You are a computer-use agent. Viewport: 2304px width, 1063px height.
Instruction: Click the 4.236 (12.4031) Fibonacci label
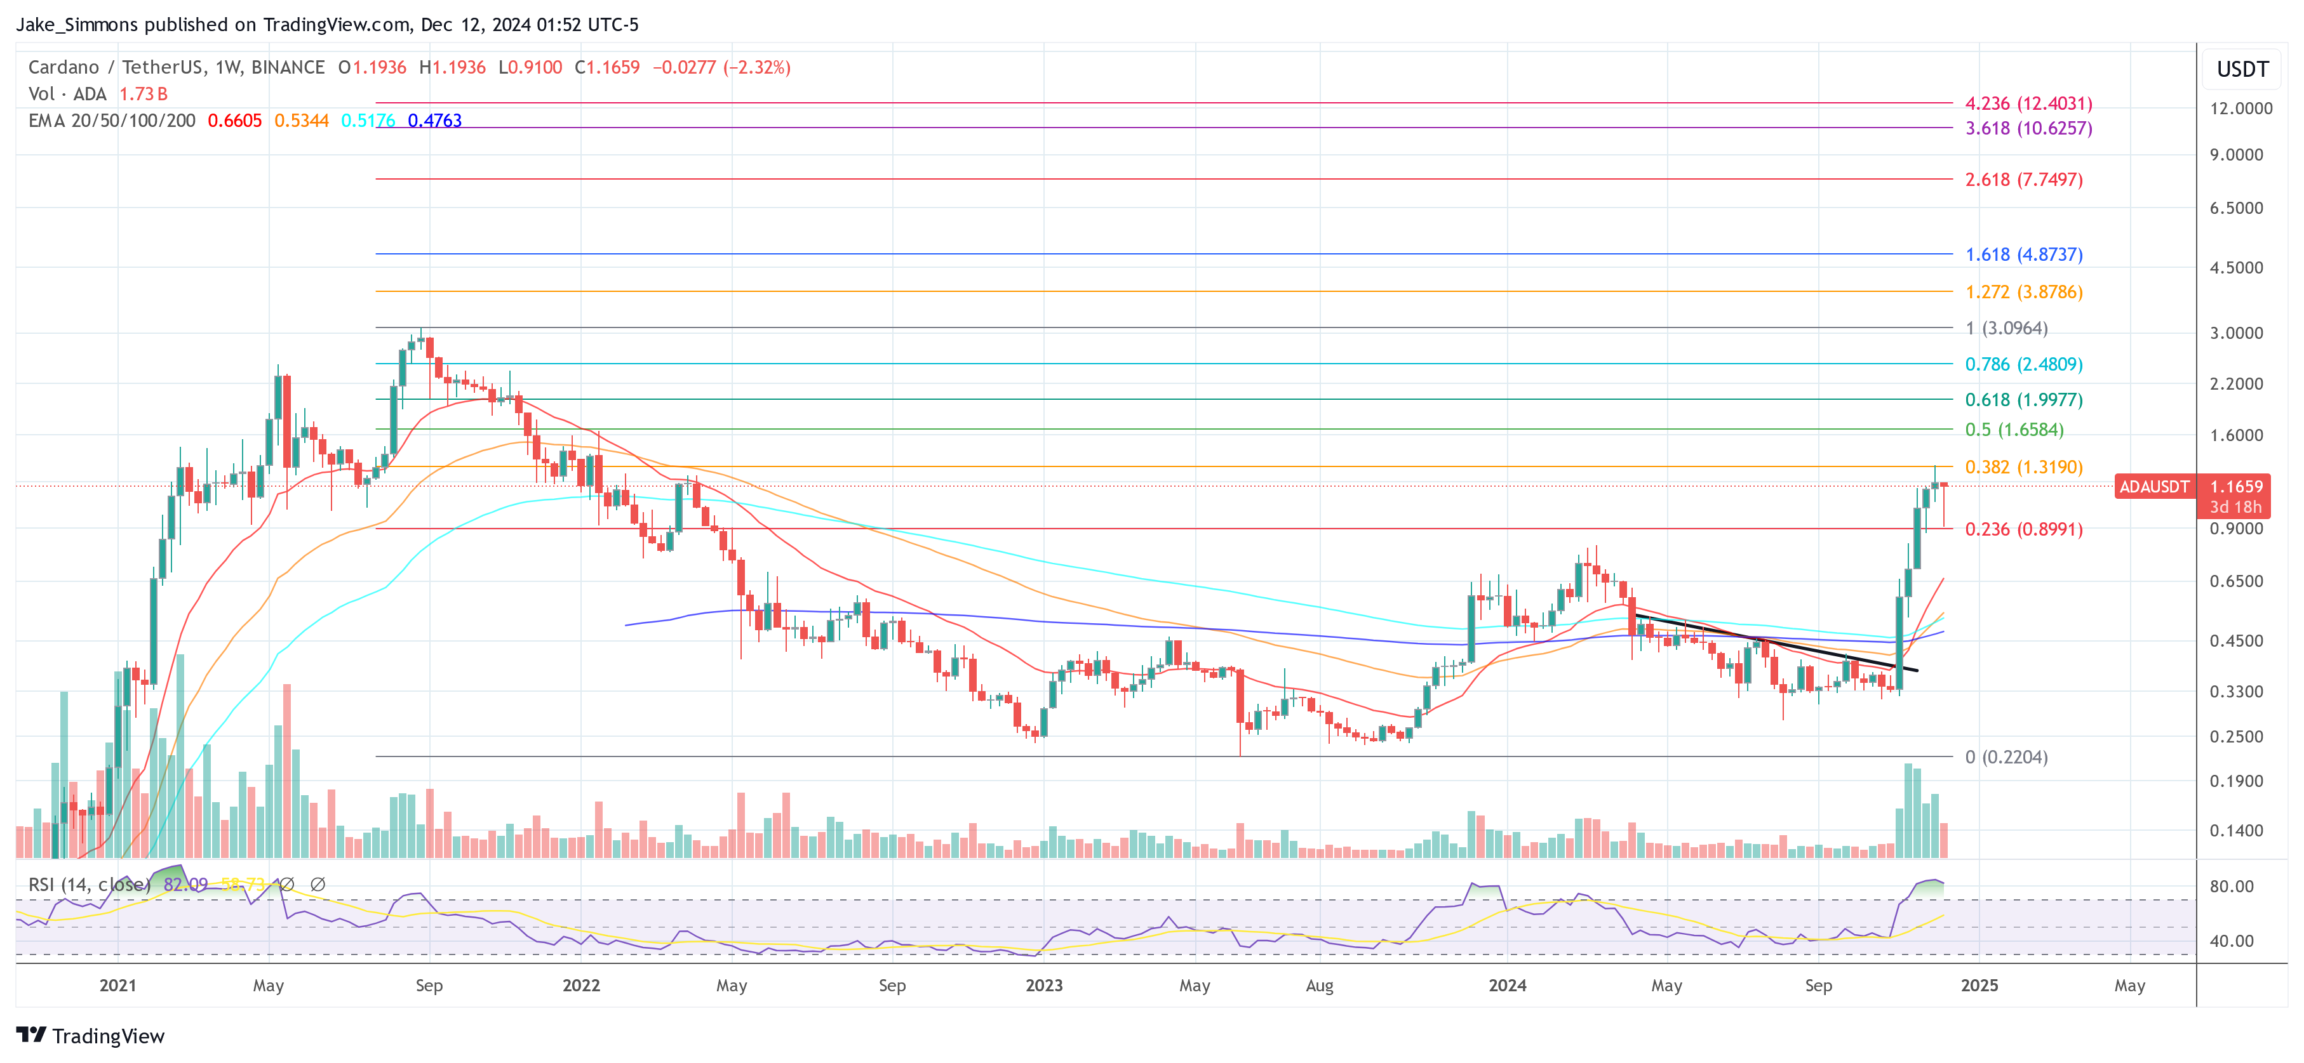pyautogui.click(x=2028, y=103)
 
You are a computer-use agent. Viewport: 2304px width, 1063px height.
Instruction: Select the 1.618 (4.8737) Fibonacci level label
pyautogui.click(x=2023, y=254)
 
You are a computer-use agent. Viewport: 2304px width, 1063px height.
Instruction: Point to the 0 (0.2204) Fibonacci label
pyautogui.click(x=2006, y=757)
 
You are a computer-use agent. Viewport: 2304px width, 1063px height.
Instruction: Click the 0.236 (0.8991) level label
pyautogui.click(x=2023, y=529)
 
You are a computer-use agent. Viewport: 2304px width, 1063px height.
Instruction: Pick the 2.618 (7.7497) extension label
pyautogui.click(x=2023, y=180)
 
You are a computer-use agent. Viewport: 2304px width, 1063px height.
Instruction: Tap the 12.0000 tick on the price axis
pyautogui.click(x=2240, y=108)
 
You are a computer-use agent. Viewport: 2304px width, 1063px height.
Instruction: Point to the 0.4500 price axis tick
pyautogui.click(x=2236, y=641)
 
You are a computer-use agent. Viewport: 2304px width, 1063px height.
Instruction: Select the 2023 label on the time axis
pyautogui.click(x=1044, y=985)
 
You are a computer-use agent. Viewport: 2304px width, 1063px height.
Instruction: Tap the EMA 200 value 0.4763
pyautogui.click(x=434, y=121)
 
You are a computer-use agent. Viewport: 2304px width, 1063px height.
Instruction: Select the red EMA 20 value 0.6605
pyautogui.click(x=234, y=121)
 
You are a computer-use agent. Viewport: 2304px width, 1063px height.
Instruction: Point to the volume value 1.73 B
pyautogui.click(x=143, y=94)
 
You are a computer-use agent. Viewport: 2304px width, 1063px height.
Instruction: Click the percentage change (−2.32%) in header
pyautogui.click(x=756, y=68)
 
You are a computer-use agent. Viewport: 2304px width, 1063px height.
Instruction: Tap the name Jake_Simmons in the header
pyautogui.click(x=77, y=25)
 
